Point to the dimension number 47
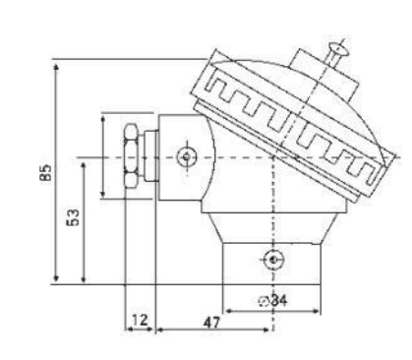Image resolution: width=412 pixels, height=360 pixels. point(208,321)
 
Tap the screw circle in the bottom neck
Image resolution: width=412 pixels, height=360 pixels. point(273,260)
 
